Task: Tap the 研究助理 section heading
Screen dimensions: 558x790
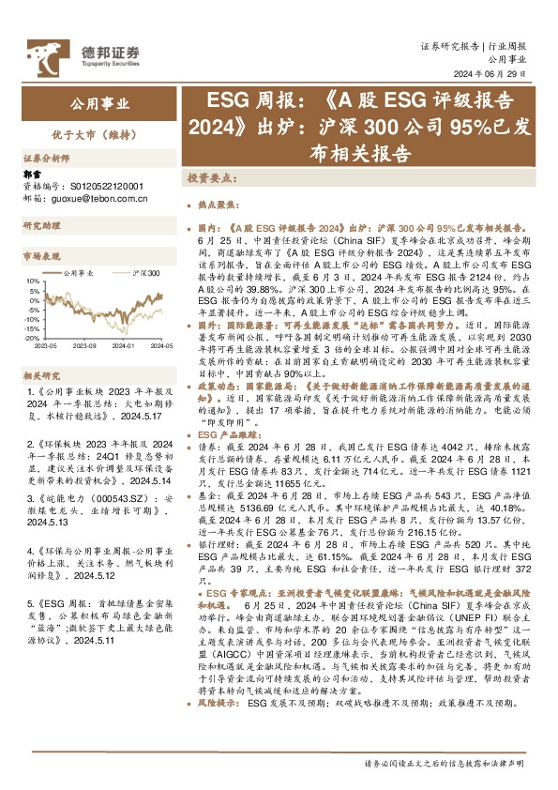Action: coord(41,226)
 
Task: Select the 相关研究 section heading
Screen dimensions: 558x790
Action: coord(41,374)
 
